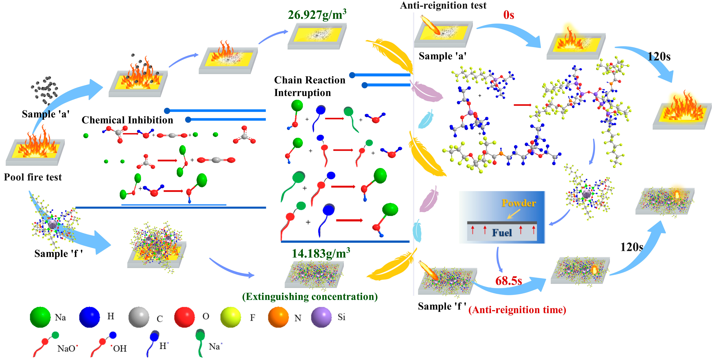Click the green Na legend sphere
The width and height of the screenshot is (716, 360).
pos(40,317)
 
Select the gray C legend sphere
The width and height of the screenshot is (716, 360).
pos(139,317)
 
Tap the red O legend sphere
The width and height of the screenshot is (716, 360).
pos(184,317)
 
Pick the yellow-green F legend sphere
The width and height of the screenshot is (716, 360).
pos(230,317)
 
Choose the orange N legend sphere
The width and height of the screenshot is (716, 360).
pos(278,317)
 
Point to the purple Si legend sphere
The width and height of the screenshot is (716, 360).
pos(321,317)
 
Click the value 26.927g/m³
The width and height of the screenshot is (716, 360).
pos(317,15)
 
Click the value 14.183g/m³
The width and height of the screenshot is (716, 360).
pos(321,253)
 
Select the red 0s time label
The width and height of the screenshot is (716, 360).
pos(509,15)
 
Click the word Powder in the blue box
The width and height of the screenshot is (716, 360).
pos(519,203)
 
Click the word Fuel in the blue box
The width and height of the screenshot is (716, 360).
pos(502,233)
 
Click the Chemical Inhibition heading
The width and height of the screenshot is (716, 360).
pos(127,120)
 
